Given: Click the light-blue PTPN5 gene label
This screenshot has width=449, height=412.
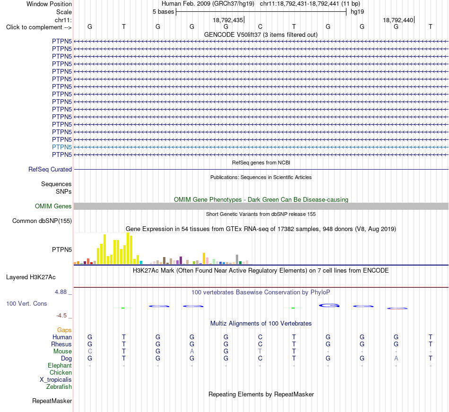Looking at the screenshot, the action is [x=62, y=147].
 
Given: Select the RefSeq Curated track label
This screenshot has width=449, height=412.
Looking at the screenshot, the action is [x=50, y=170].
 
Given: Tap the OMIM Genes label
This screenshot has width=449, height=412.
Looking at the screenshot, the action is [x=53, y=206].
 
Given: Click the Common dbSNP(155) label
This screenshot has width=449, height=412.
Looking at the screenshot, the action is [x=42, y=221].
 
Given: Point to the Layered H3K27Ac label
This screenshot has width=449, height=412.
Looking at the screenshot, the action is [x=31, y=277].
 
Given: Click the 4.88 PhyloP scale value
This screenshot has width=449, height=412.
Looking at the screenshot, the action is [x=60, y=292].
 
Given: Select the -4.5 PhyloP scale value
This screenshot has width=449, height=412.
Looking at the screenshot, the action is [x=61, y=316].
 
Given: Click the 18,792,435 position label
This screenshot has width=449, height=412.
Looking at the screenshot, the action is [x=228, y=20].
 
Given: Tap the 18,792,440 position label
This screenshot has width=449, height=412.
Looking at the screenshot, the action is [x=398, y=20].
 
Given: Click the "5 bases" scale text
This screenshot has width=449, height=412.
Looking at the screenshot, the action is [x=163, y=12].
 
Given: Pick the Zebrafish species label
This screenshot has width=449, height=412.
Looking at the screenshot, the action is [x=59, y=387].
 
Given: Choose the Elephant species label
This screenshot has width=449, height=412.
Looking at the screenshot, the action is [x=60, y=366].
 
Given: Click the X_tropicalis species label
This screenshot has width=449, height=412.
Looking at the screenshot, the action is [x=56, y=380].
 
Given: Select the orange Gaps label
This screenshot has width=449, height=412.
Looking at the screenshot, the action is [x=64, y=330].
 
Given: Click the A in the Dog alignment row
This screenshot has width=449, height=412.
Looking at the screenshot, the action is [x=396, y=359].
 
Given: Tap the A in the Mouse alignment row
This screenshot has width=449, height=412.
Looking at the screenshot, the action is [x=192, y=352].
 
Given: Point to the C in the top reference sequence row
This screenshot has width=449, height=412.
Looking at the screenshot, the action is [x=260, y=26].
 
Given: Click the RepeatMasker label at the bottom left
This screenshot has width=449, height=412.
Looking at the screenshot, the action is [x=52, y=401].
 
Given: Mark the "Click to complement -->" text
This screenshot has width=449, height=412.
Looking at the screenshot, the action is [x=39, y=27].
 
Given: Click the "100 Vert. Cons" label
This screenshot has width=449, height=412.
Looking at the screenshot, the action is [x=26, y=303].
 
